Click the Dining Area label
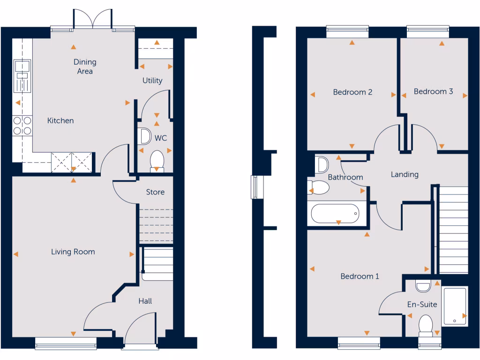(x=85, y=67)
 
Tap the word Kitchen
(x=60, y=120)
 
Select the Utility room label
(x=152, y=80)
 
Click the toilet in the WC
(x=157, y=161)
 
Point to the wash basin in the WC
(x=145, y=136)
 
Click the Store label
(x=155, y=192)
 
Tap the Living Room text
(x=73, y=252)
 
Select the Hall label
(x=145, y=301)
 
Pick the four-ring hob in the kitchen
(x=22, y=125)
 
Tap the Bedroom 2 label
(x=352, y=92)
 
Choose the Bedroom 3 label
(x=433, y=91)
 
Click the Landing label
(x=405, y=174)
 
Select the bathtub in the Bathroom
(x=336, y=214)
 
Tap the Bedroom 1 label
(x=360, y=276)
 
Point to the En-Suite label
(x=422, y=304)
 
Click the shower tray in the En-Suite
(x=454, y=306)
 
